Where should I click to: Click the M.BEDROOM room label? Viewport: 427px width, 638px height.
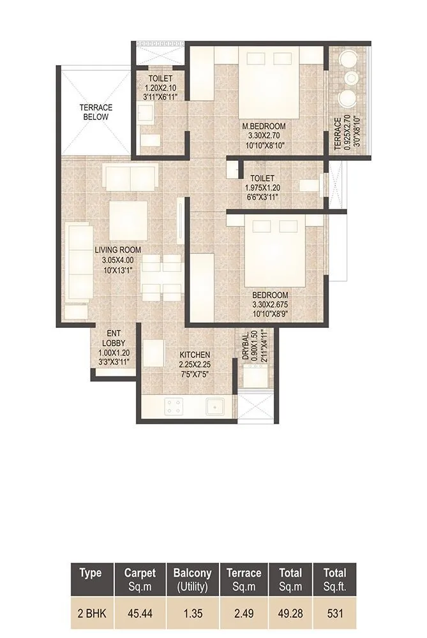[x=267, y=126]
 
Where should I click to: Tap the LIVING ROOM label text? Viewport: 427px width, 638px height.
[x=117, y=250]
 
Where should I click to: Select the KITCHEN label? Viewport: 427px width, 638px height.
[x=195, y=355]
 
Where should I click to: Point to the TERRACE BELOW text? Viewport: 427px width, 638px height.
[x=96, y=112]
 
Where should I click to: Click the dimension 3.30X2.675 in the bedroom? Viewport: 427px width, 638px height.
[x=269, y=304]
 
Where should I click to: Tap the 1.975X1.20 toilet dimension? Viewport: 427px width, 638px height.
[x=262, y=188]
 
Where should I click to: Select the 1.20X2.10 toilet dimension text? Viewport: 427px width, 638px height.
[x=159, y=88]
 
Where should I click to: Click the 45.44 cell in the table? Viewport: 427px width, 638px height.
[x=140, y=614]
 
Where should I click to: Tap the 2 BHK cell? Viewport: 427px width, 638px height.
[x=91, y=614]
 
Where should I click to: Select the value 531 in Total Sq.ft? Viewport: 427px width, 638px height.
[x=334, y=614]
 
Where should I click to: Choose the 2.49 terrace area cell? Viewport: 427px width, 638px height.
[x=243, y=614]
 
